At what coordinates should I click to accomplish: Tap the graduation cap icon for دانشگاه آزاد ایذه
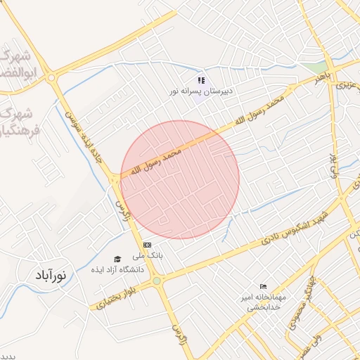pyautogui.click(x=117, y=259)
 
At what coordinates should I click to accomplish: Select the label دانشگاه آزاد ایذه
pyautogui.click(x=117, y=269)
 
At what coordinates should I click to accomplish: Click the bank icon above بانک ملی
pyautogui.click(x=146, y=244)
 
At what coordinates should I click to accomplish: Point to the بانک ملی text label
pyautogui.click(x=150, y=256)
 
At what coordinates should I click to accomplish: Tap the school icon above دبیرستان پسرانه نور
pyautogui.click(x=201, y=81)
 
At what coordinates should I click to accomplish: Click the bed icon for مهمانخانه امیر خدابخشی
pyautogui.click(x=263, y=286)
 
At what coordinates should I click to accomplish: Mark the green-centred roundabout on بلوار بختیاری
pyautogui.click(x=156, y=282)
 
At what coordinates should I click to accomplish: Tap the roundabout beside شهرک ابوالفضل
pyautogui.click(x=51, y=78)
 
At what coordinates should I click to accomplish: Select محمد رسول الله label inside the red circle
pyautogui.click(x=151, y=162)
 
